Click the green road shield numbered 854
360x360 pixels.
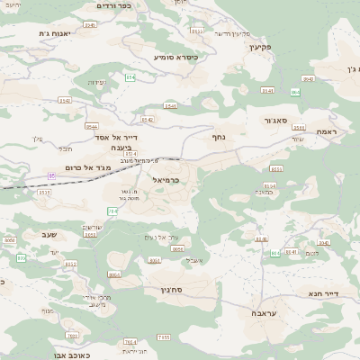point(130,78)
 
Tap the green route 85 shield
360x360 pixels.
point(52,175)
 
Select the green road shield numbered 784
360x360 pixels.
point(112,211)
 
